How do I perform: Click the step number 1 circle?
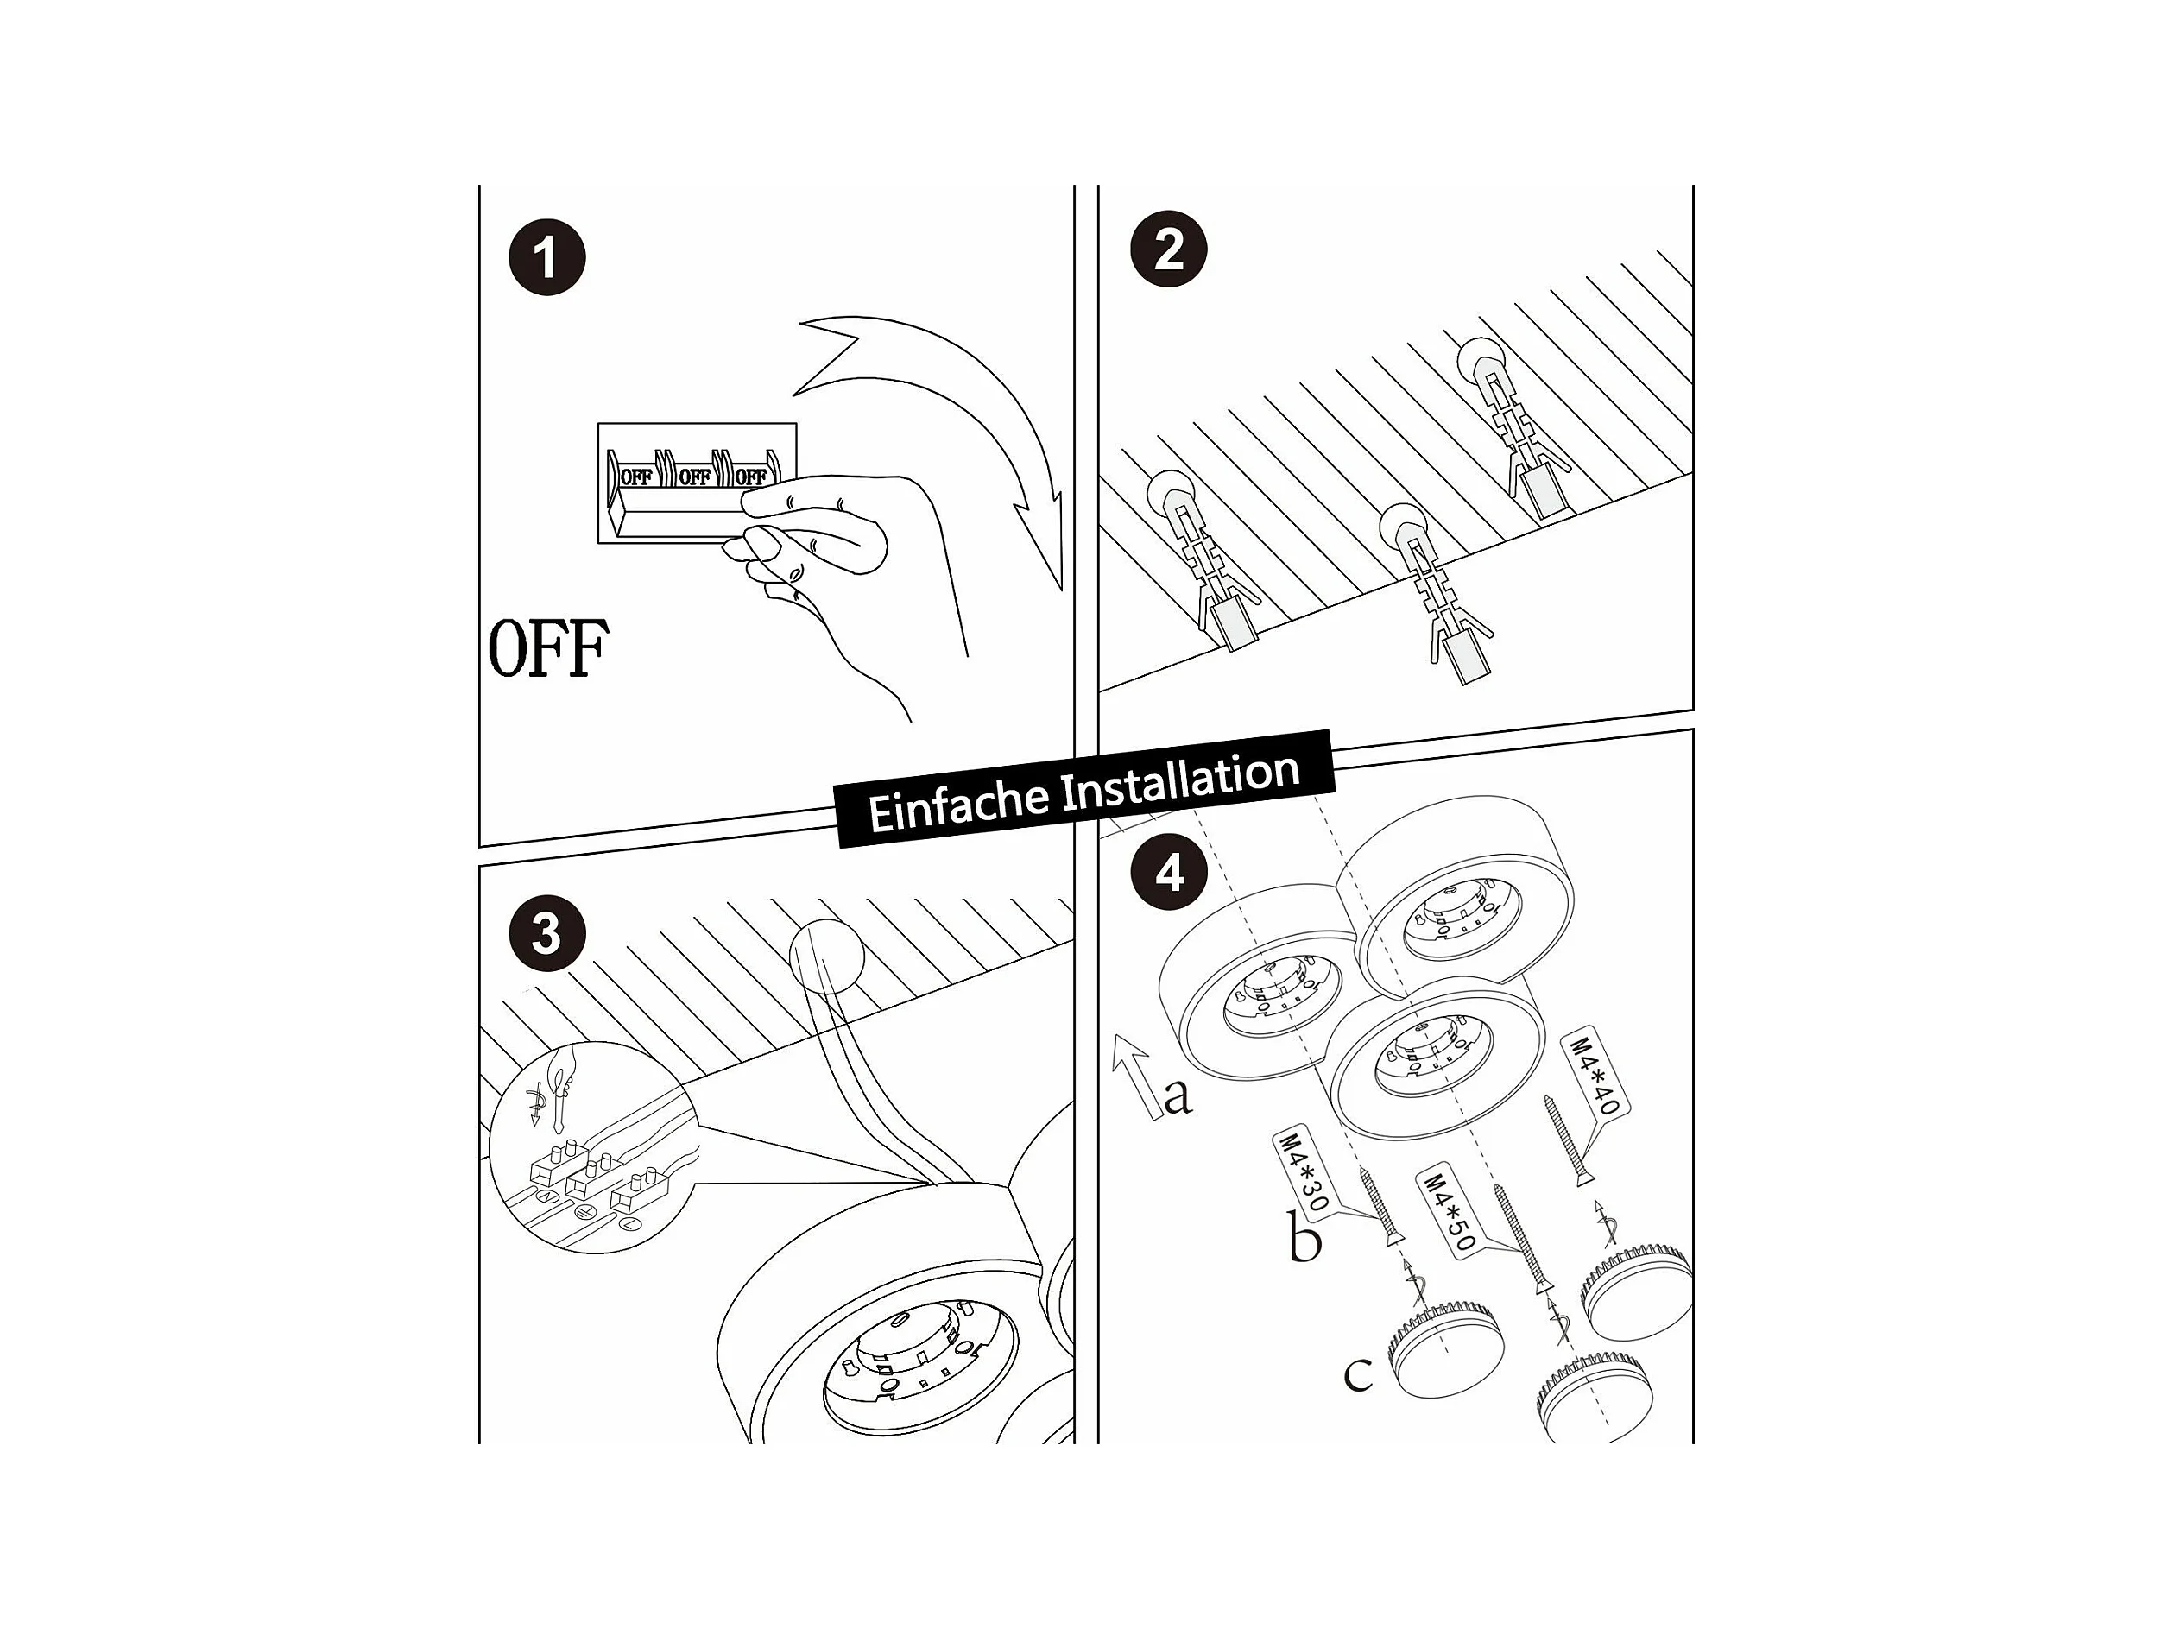pyautogui.click(x=546, y=257)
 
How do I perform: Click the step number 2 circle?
pyautogui.click(x=1169, y=249)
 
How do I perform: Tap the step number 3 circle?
pyautogui.click(x=547, y=932)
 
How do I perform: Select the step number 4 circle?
pyautogui.click(x=1169, y=873)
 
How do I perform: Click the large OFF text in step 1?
pyautogui.click(x=548, y=647)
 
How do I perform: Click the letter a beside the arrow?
pyautogui.click(x=1177, y=1095)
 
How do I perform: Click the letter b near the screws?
pyautogui.click(x=1304, y=1239)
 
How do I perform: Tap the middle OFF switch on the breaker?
pyautogui.click(x=693, y=477)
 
